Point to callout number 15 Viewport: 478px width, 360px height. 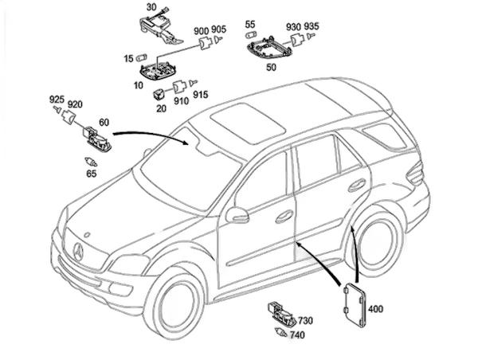coord(128,58)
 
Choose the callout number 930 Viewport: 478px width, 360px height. coord(293,27)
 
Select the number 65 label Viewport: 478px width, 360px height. coord(91,172)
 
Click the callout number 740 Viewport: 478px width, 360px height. coord(297,336)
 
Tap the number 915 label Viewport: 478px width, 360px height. coord(199,95)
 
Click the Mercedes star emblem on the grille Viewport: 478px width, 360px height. coord(79,253)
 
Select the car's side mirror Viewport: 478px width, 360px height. coord(237,213)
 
